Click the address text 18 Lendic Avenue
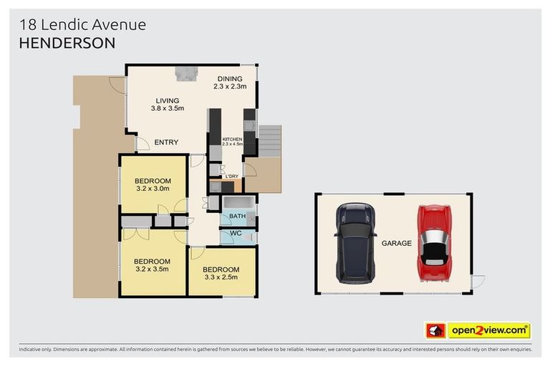tap(83, 25)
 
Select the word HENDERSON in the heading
tap(67, 43)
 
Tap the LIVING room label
tap(168, 101)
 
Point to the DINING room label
tap(230, 79)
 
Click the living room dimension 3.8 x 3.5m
tap(168, 109)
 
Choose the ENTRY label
tap(166, 142)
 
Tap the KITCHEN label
tap(232, 139)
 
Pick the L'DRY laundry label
tap(231, 177)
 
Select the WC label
tap(237, 234)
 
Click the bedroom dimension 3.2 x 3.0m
tap(152, 189)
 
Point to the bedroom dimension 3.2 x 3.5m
tap(152, 270)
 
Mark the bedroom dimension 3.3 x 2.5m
tap(221, 278)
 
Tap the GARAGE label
tap(396, 243)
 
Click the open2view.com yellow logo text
tap(488, 330)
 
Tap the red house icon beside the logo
tap(435, 330)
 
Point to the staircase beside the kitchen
tap(271, 142)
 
